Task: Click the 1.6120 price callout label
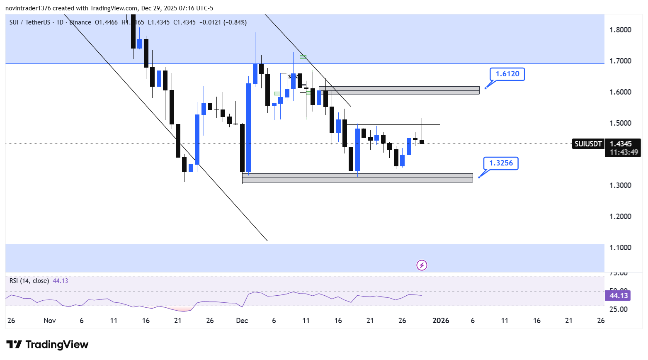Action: click(507, 74)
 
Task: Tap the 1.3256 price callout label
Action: click(501, 163)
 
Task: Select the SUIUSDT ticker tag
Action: click(588, 144)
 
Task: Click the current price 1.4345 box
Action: click(621, 144)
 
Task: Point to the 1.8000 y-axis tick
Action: click(620, 30)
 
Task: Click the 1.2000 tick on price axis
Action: click(620, 216)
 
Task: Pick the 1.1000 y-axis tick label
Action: click(620, 248)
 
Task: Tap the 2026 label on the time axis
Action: click(441, 321)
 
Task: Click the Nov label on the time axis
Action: click(50, 321)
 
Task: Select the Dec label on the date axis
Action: click(242, 321)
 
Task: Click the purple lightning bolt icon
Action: click(422, 265)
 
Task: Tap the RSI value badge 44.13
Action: click(618, 296)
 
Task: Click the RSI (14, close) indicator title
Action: click(29, 281)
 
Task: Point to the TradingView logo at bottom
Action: click(47, 345)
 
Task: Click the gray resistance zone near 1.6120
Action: click(399, 90)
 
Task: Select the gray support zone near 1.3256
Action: click(357, 178)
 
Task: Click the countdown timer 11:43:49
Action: click(624, 152)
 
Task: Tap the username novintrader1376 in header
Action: click(28, 8)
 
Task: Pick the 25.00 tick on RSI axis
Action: click(618, 309)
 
